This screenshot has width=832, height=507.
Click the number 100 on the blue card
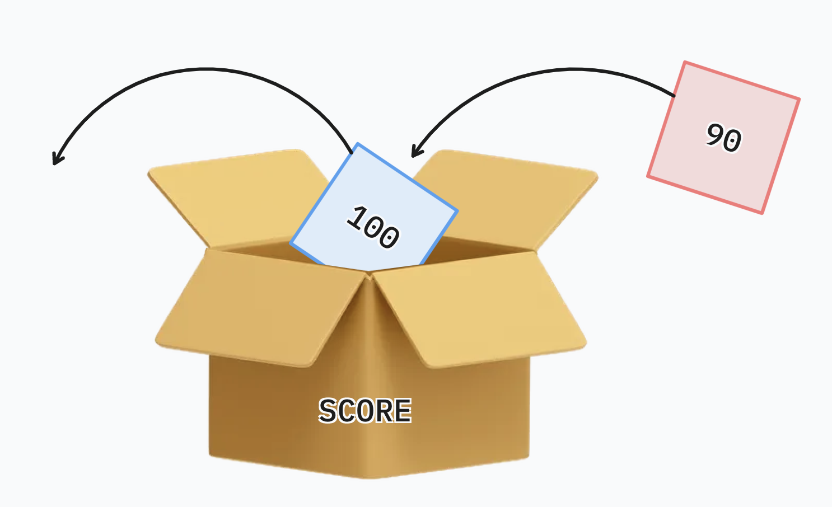[x=373, y=227]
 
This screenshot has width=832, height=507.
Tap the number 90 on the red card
[x=724, y=138]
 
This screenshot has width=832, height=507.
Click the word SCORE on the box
[x=365, y=411]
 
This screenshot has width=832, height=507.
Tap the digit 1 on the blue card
[x=356, y=216]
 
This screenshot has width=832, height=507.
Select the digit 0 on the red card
[x=732, y=140]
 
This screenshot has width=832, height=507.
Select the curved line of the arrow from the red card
[x=560, y=70]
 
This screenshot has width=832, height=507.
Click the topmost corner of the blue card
[x=358, y=144]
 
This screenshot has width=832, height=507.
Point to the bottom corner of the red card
[x=762, y=213]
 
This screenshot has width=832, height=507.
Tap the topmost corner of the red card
[x=685, y=62]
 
